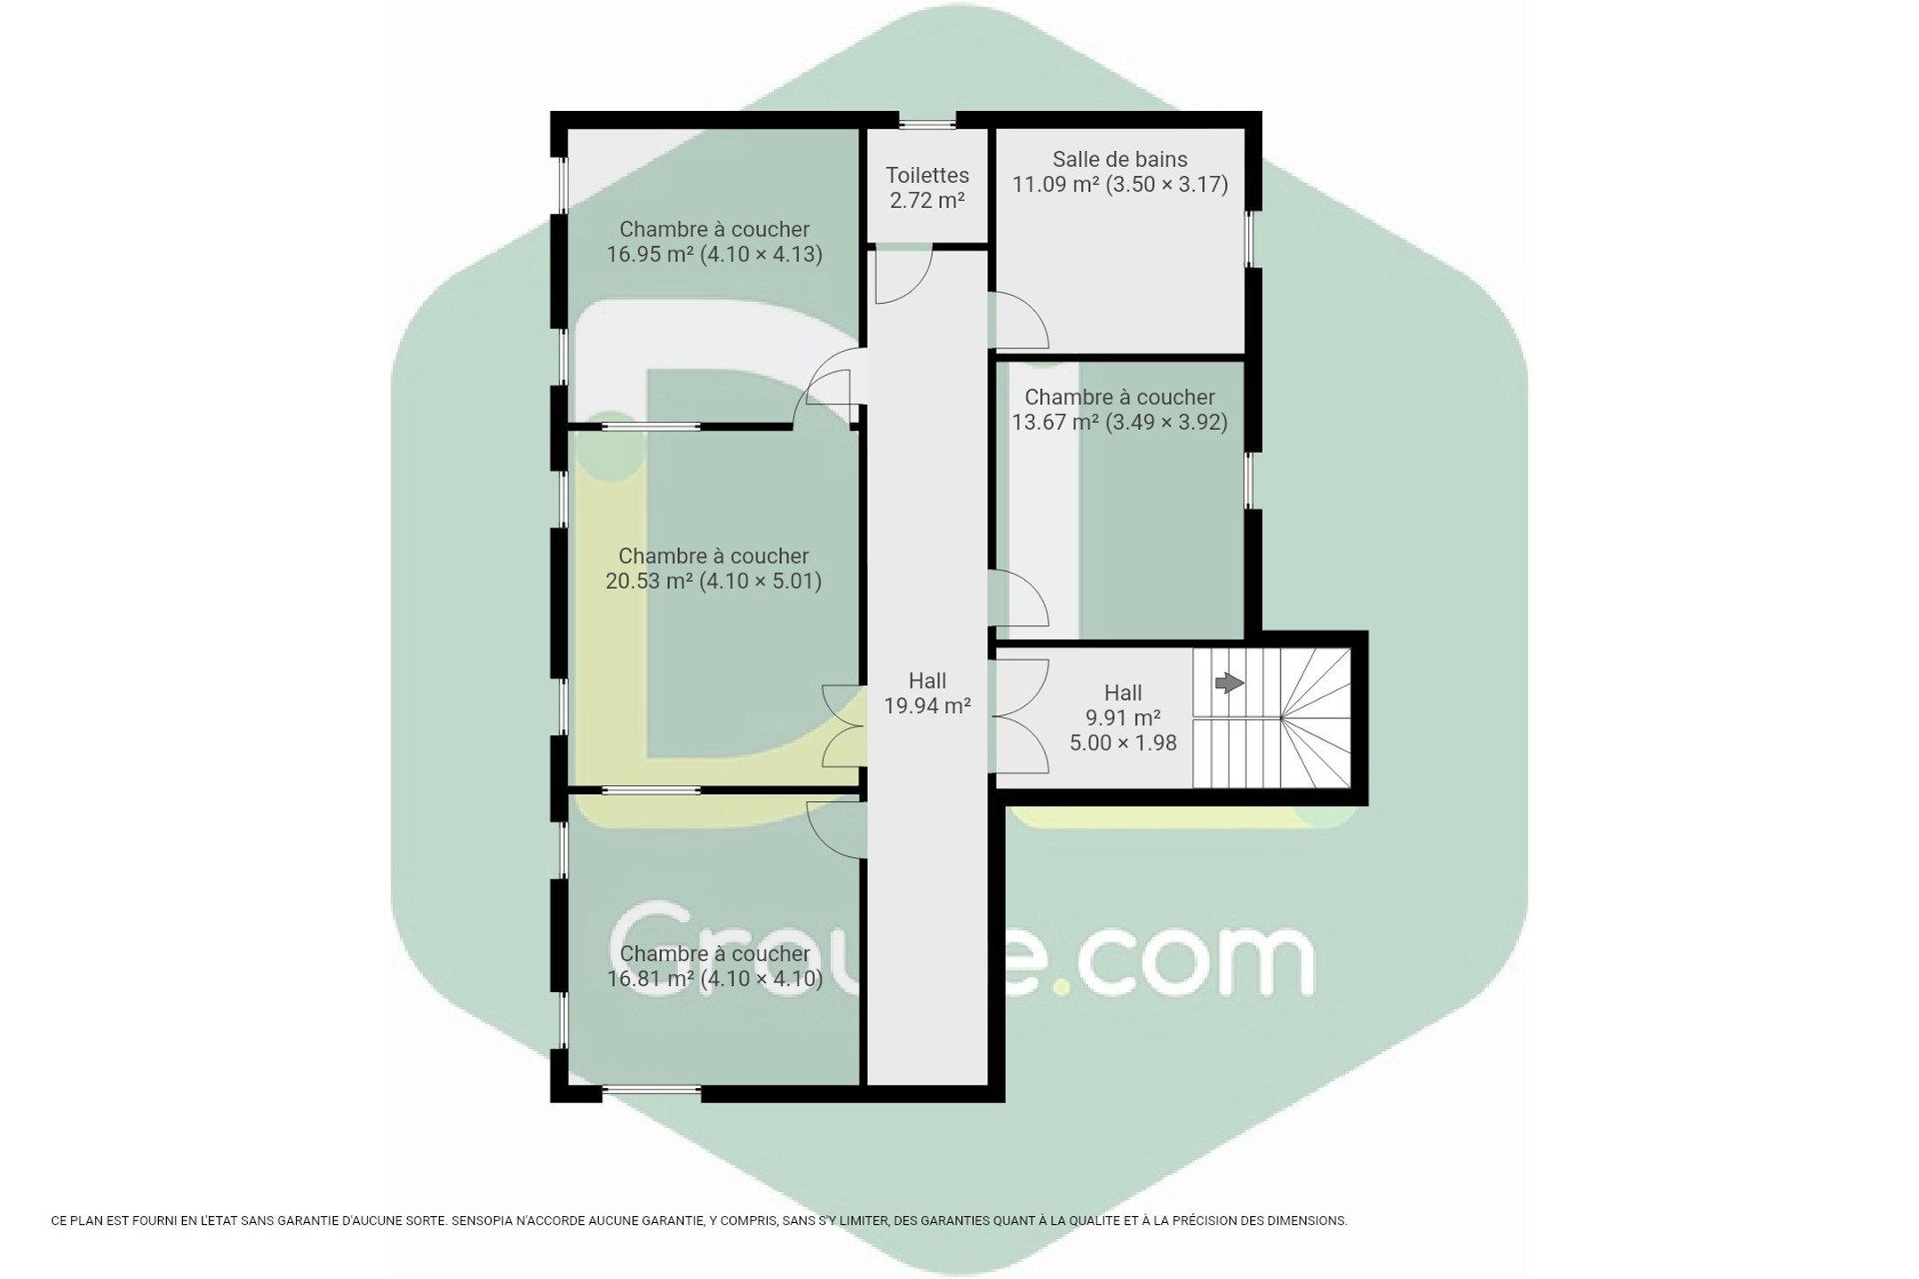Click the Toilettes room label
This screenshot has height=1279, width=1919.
click(x=927, y=176)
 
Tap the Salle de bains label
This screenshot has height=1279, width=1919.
click(x=1119, y=160)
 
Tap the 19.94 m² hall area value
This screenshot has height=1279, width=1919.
click(x=927, y=706)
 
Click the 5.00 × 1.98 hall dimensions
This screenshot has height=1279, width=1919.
click(x=1123, y=743)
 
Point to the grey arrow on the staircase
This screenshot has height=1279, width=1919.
click(x=1229, y=683)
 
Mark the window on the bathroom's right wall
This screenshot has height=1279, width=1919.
click(x=1250, y=239)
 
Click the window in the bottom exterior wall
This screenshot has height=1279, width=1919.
click(x=651, y=1090)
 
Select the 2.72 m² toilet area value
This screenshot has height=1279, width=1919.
click(x=927, y=200)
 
